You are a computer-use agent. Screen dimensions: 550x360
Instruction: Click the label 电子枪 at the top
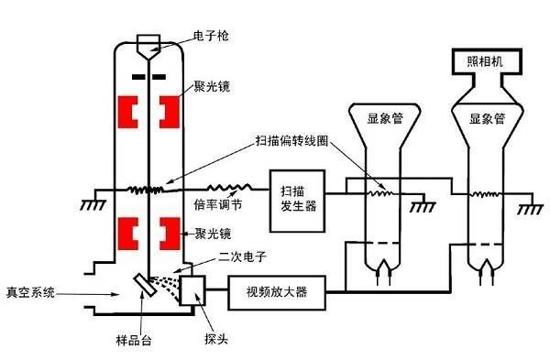[211, 36]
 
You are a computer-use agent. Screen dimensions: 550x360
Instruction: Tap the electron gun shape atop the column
[148, 47]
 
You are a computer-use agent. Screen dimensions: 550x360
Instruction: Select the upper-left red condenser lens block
[127, 112]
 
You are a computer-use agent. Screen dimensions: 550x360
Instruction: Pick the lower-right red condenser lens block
[170, 234]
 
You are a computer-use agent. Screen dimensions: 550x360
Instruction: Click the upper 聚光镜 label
[212, 86]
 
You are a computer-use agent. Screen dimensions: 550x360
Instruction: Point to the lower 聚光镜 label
[213, 234]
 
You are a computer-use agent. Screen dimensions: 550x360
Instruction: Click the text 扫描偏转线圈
[291, 141]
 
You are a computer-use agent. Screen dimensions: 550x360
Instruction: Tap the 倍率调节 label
[218, 204]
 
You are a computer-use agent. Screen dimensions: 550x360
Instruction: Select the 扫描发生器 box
[297, 201]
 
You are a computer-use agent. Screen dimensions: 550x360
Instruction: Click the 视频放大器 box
[277, 292]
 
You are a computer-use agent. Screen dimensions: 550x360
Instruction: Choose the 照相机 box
[488, 61]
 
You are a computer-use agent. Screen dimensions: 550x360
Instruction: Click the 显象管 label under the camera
[488, 119]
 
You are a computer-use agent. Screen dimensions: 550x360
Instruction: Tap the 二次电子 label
[242, 256]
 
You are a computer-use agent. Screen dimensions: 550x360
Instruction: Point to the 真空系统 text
[31, 292]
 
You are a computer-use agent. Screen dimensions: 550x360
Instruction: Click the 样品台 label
[134, 340]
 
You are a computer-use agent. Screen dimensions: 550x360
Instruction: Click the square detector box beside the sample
[192, 290]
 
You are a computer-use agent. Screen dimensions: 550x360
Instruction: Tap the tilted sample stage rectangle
[145, 285]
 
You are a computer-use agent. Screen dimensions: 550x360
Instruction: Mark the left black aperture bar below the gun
[138, 76]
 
